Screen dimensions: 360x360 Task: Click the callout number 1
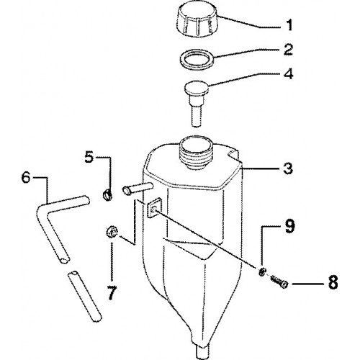[x=289, y=25]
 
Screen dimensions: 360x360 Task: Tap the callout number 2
[x=288, y=50]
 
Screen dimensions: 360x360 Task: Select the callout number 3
[x=288, y=168]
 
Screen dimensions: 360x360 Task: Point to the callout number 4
[x=289, y=73]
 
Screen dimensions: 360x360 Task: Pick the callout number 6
[x=26, y=178]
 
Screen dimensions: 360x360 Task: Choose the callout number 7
[x=112, y=293]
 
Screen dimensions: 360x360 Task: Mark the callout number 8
[x=333, y=282]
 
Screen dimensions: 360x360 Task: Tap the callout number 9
[x=289, y=226]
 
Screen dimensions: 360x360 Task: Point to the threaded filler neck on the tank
[x=197, y=152]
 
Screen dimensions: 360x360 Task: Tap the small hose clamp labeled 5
[x=107, y=194]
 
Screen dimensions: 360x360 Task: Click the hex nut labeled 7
[x=112, y=232]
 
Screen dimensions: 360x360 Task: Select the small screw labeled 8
[x=279, y=282]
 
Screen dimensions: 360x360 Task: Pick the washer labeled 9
[x=262, y=272]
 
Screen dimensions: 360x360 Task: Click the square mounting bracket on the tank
[x=153, y=208]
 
